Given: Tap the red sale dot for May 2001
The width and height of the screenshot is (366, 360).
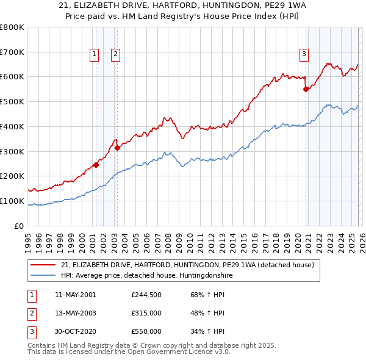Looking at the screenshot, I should (96, 165).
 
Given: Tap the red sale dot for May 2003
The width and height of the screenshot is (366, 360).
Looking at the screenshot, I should (117, 147).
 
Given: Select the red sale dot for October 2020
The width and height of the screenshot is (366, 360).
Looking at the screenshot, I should (306, 89).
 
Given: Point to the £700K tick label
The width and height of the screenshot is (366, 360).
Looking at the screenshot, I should (12, 52).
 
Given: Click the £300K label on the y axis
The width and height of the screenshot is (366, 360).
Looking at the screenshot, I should (12, 151).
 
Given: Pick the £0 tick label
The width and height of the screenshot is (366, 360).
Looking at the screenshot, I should (20, 226).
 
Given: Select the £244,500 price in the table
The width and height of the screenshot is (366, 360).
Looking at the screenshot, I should (146, 295).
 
